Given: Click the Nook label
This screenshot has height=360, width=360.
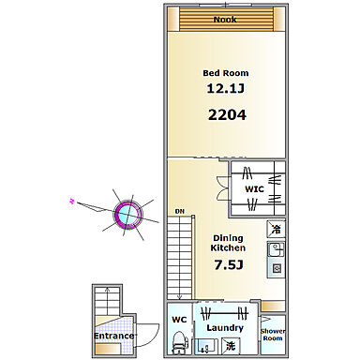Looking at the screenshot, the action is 225,20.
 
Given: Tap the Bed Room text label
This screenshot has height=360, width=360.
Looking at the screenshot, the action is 226,73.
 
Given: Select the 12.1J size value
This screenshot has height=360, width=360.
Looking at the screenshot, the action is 226,88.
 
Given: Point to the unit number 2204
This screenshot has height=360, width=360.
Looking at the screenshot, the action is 227,115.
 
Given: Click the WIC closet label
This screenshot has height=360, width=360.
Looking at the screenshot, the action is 254,189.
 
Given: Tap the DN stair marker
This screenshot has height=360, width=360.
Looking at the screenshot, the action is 180,212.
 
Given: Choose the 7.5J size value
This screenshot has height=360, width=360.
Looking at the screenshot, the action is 229,265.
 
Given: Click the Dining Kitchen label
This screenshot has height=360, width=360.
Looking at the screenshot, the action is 228,243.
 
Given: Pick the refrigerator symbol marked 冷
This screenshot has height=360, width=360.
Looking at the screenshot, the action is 276,229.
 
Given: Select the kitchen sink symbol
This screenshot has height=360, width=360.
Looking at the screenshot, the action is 276,249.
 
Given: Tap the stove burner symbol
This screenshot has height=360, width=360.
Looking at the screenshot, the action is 277,268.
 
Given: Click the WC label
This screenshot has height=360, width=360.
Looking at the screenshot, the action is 179,320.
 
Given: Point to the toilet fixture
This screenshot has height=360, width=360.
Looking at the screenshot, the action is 180,343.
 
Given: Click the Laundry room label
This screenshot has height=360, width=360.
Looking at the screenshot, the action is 225,328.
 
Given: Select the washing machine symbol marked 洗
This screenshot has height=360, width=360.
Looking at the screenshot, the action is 230,346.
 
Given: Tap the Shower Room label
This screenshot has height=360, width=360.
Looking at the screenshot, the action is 273,335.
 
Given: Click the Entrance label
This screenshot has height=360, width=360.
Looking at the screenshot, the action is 113,336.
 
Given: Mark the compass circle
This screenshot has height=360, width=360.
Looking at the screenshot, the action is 127,215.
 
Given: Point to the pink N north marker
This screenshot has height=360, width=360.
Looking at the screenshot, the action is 72,201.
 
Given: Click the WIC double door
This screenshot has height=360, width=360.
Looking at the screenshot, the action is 222,188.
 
